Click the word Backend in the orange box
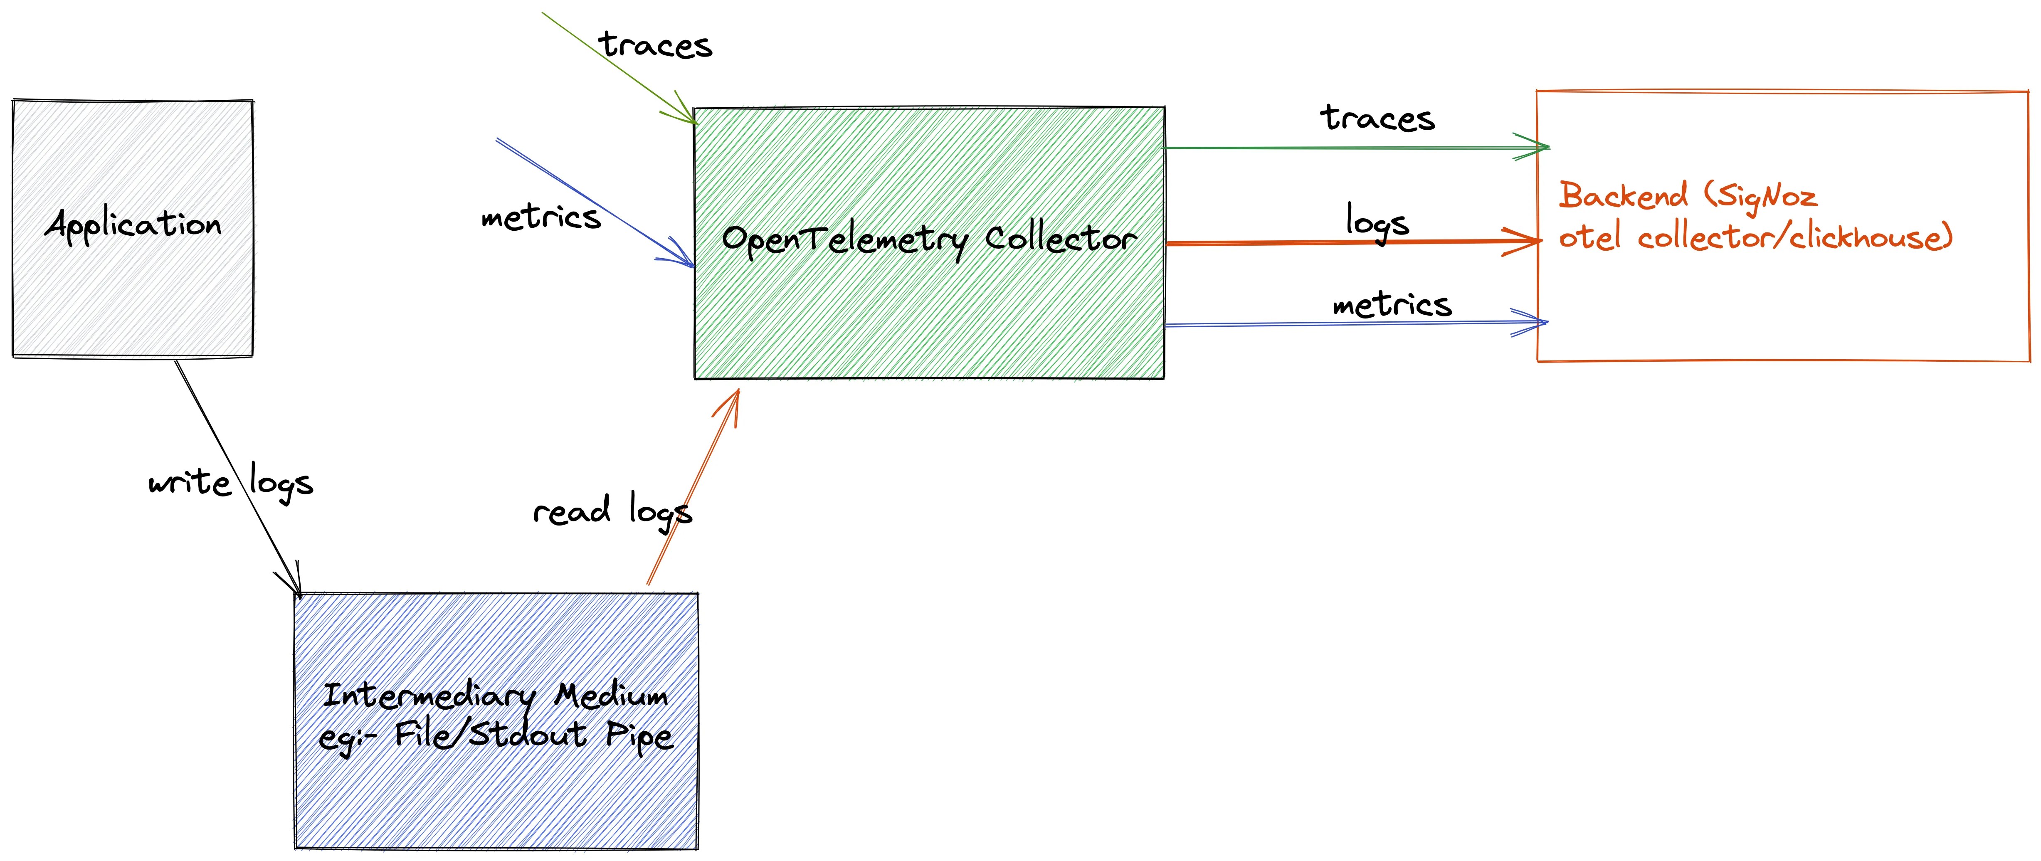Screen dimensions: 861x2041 point(1623,196)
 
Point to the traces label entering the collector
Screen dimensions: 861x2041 point(655,45)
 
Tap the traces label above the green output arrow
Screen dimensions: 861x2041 point(1377,119)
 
